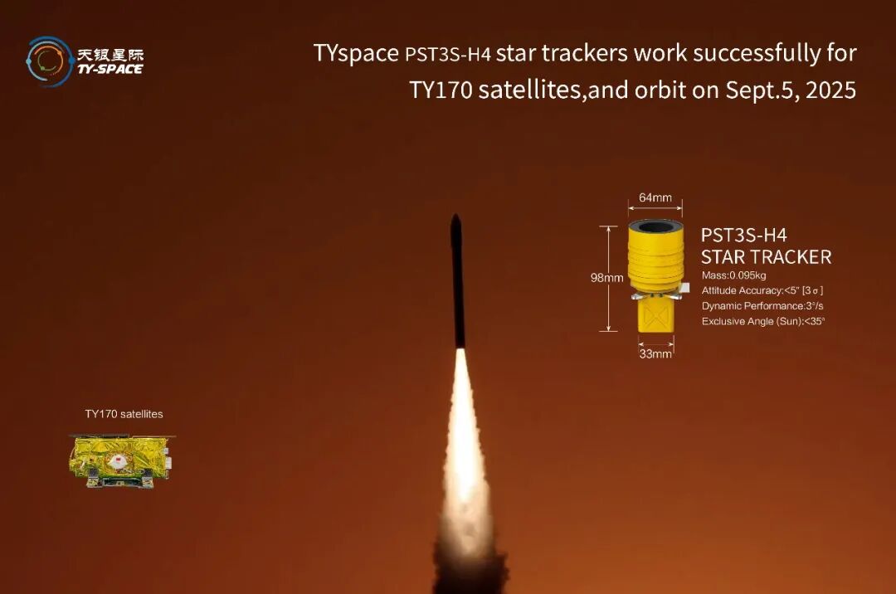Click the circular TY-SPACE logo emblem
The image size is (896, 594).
(49, 61)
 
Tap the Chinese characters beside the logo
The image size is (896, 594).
(110, 55)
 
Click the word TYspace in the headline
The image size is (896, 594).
(356, 54)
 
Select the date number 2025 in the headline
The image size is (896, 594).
(830, 90)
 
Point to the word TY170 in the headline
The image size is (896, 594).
(441, 90)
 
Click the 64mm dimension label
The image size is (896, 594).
(655, 197)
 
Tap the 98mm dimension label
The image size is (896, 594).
(606, 278)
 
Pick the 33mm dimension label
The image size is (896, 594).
(655, 353)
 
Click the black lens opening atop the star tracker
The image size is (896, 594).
(656, 226)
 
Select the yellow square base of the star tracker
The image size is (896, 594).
(656, 315)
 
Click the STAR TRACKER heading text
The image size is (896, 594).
(767, 257)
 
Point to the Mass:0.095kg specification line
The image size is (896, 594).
(733, 275)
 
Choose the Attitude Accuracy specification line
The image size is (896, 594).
(762, 290)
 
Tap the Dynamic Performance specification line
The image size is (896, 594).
(762, 306)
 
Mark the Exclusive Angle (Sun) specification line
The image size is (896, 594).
(763, 322)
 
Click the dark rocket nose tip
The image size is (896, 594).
(455, 216)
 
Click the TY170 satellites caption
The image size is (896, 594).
(124, 414)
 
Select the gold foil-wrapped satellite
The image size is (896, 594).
(122, 461)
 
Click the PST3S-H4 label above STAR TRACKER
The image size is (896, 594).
(744, 236)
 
